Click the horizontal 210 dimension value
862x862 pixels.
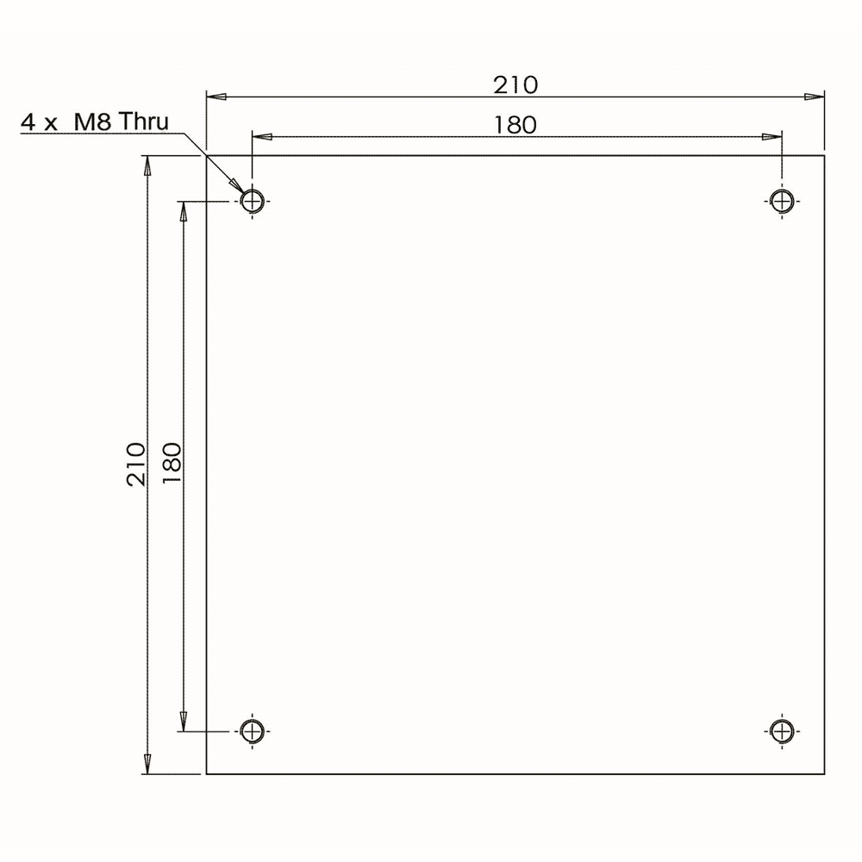[515, 85]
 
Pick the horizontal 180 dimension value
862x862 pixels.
[515, 125]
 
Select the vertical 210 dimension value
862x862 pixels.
[136, 464]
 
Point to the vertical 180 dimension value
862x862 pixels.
[172, 463]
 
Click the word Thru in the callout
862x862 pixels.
[143, 122]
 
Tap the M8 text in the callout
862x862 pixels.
[92, 122]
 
